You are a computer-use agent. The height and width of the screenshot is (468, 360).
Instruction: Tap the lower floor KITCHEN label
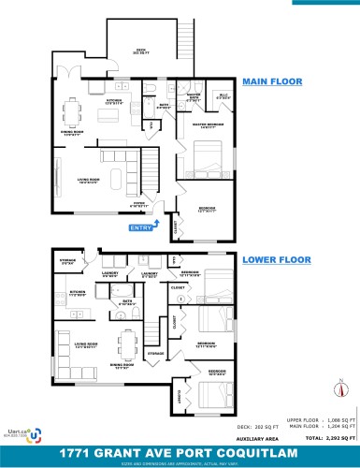(76, 293)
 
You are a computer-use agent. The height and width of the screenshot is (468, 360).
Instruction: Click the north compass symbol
(341, 386)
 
